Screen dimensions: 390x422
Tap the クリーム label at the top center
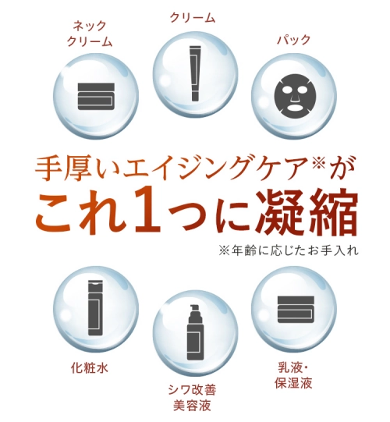tap(193, 18)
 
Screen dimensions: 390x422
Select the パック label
tap(294, 40)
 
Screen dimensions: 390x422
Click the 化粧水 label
tap(90, 367)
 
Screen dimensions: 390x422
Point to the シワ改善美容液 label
tap(192, 398)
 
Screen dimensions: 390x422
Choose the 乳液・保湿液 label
tap(293, 375)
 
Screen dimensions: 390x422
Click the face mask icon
tap(294, 97)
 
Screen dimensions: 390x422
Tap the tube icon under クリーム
tap(195, 73)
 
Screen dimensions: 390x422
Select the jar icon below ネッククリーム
tap(96, 97)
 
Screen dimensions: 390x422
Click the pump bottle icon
tap(195, 332)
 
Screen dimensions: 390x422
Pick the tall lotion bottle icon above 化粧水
tap(95, 307)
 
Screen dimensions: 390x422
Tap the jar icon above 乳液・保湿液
tap(296, 310)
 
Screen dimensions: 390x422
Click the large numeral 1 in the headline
tap(147, 211)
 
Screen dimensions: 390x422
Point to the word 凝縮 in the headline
tap(307, 212)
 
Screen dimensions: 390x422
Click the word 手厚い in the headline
tap(78, 169)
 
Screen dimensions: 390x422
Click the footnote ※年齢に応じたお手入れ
tap(289, 250)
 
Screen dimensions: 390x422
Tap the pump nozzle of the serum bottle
tap(194, 308)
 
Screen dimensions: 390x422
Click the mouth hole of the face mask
tap(295, 108)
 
